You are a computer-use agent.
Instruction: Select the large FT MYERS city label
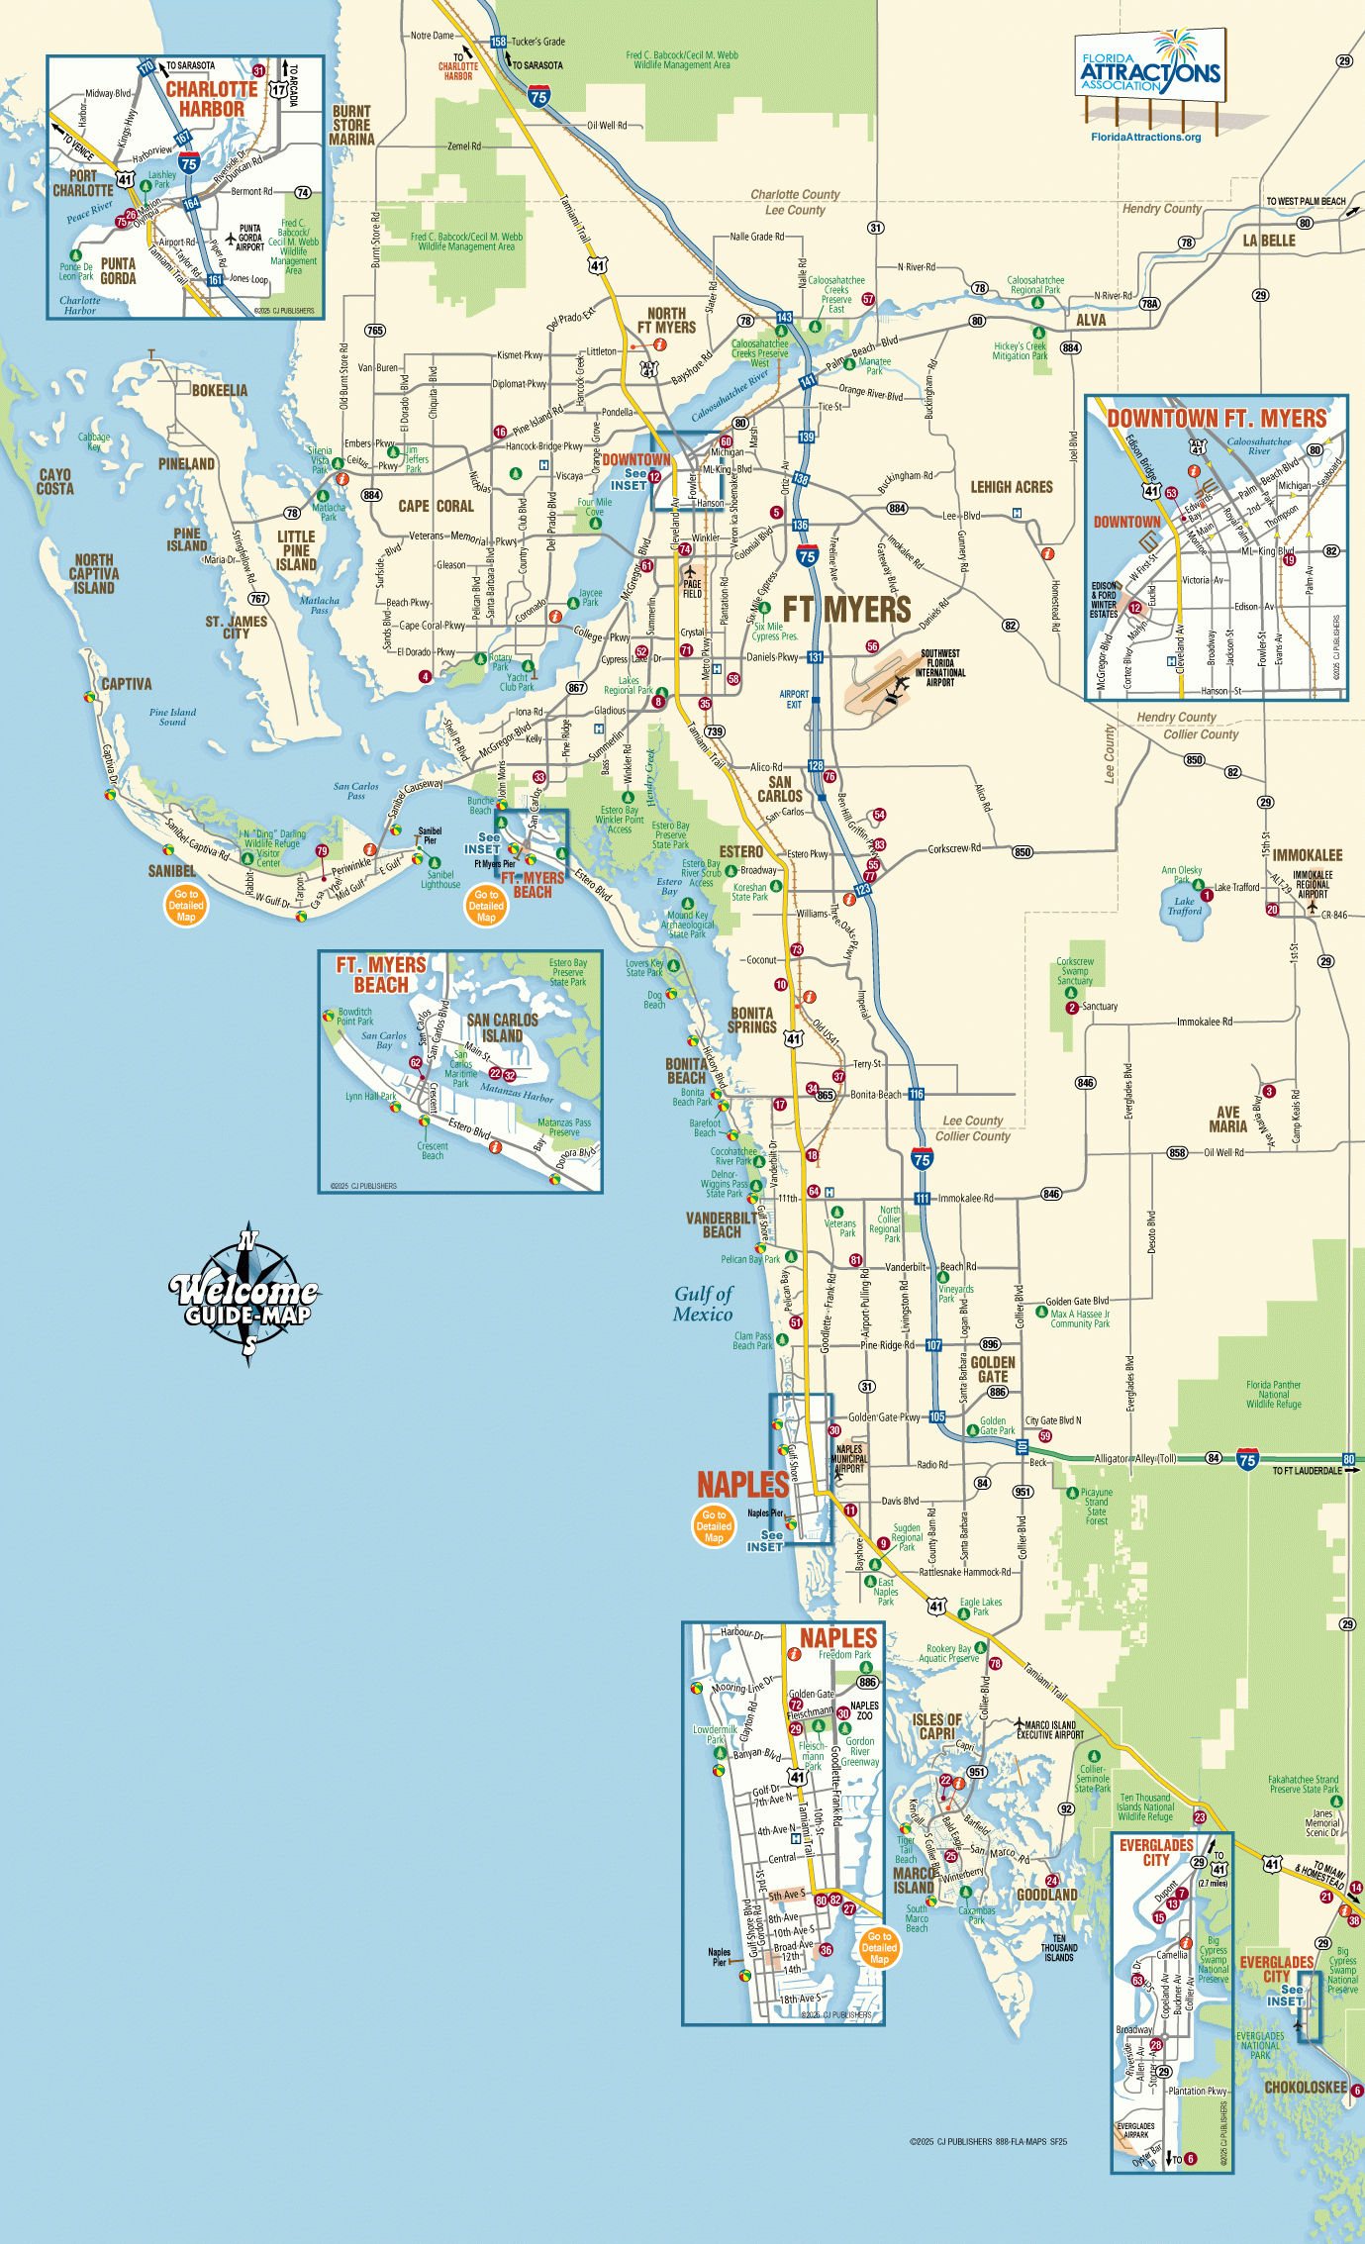coord(846,610)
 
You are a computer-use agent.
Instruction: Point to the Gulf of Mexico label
coord(703,1304)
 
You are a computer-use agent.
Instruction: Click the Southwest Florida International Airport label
coord(940,668)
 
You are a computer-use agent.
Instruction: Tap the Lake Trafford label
coord(1184,907)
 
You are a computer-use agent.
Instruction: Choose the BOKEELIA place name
coord(219,391)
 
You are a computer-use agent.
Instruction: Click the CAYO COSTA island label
coord(55,482)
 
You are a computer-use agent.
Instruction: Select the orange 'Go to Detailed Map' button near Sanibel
coord(186,905)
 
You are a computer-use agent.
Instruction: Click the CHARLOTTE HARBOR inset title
coord(211,99)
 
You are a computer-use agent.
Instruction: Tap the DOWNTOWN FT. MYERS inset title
coord(1216,419)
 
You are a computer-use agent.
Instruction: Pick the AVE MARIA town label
coord(1227,1120)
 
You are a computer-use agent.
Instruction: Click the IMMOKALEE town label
coord(1307,855)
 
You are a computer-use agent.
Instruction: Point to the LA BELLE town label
coord(1269,241)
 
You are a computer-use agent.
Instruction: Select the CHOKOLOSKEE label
coord(1305,2106)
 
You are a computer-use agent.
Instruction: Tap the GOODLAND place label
coord(1047,1895)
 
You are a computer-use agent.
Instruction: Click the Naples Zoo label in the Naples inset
coord(864,1710)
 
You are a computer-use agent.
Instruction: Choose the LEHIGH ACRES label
coord(1011,487)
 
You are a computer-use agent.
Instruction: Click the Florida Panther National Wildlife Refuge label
coord(1273,1395)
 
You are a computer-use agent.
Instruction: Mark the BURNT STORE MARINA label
coord(351,126)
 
